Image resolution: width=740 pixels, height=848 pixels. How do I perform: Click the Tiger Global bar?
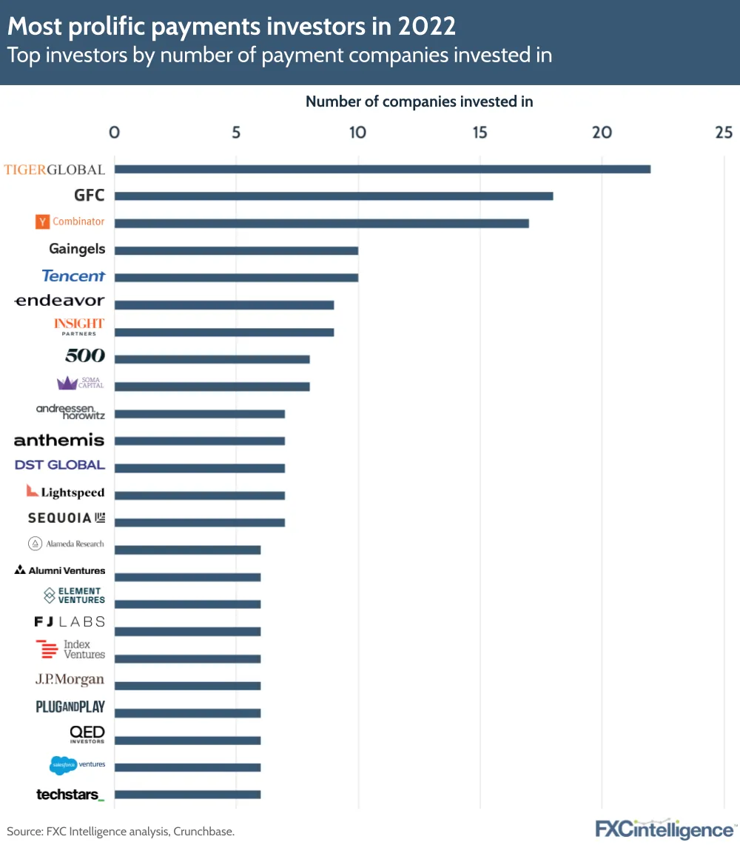pos(382,169)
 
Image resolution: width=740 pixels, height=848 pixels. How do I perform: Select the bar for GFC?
pos(333,196)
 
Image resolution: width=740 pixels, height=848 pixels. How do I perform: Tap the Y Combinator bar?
pos(321,223)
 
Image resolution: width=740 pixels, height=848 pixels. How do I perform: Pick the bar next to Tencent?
pos(236,278)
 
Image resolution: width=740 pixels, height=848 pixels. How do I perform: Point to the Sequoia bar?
pos(199,523)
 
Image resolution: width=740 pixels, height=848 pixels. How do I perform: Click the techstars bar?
pos(187,795)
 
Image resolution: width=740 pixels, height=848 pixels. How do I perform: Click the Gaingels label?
pos(77,249)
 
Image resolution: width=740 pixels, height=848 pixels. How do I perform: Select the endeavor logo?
pos(60,301)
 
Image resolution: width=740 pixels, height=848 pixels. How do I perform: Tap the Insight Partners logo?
pos(79,326)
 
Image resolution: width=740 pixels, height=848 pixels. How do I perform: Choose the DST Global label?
pos(60,465)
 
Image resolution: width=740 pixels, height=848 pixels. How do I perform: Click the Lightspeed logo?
pos(65,492)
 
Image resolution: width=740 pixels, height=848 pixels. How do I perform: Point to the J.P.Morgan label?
pos(70,679)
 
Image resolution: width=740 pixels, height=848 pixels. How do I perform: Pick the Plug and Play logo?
pos(70,707)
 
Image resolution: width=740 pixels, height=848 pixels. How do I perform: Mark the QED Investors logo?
pos(87,733)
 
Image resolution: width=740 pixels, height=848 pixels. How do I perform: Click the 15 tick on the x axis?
pos(480,133)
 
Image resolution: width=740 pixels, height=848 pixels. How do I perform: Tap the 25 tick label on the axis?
pos(724,133)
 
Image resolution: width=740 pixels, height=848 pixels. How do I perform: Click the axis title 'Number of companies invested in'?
pos(419,101)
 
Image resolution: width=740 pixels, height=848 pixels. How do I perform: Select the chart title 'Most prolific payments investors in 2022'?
pos(232,27)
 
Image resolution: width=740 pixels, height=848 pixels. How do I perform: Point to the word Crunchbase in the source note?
pos(203,831)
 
